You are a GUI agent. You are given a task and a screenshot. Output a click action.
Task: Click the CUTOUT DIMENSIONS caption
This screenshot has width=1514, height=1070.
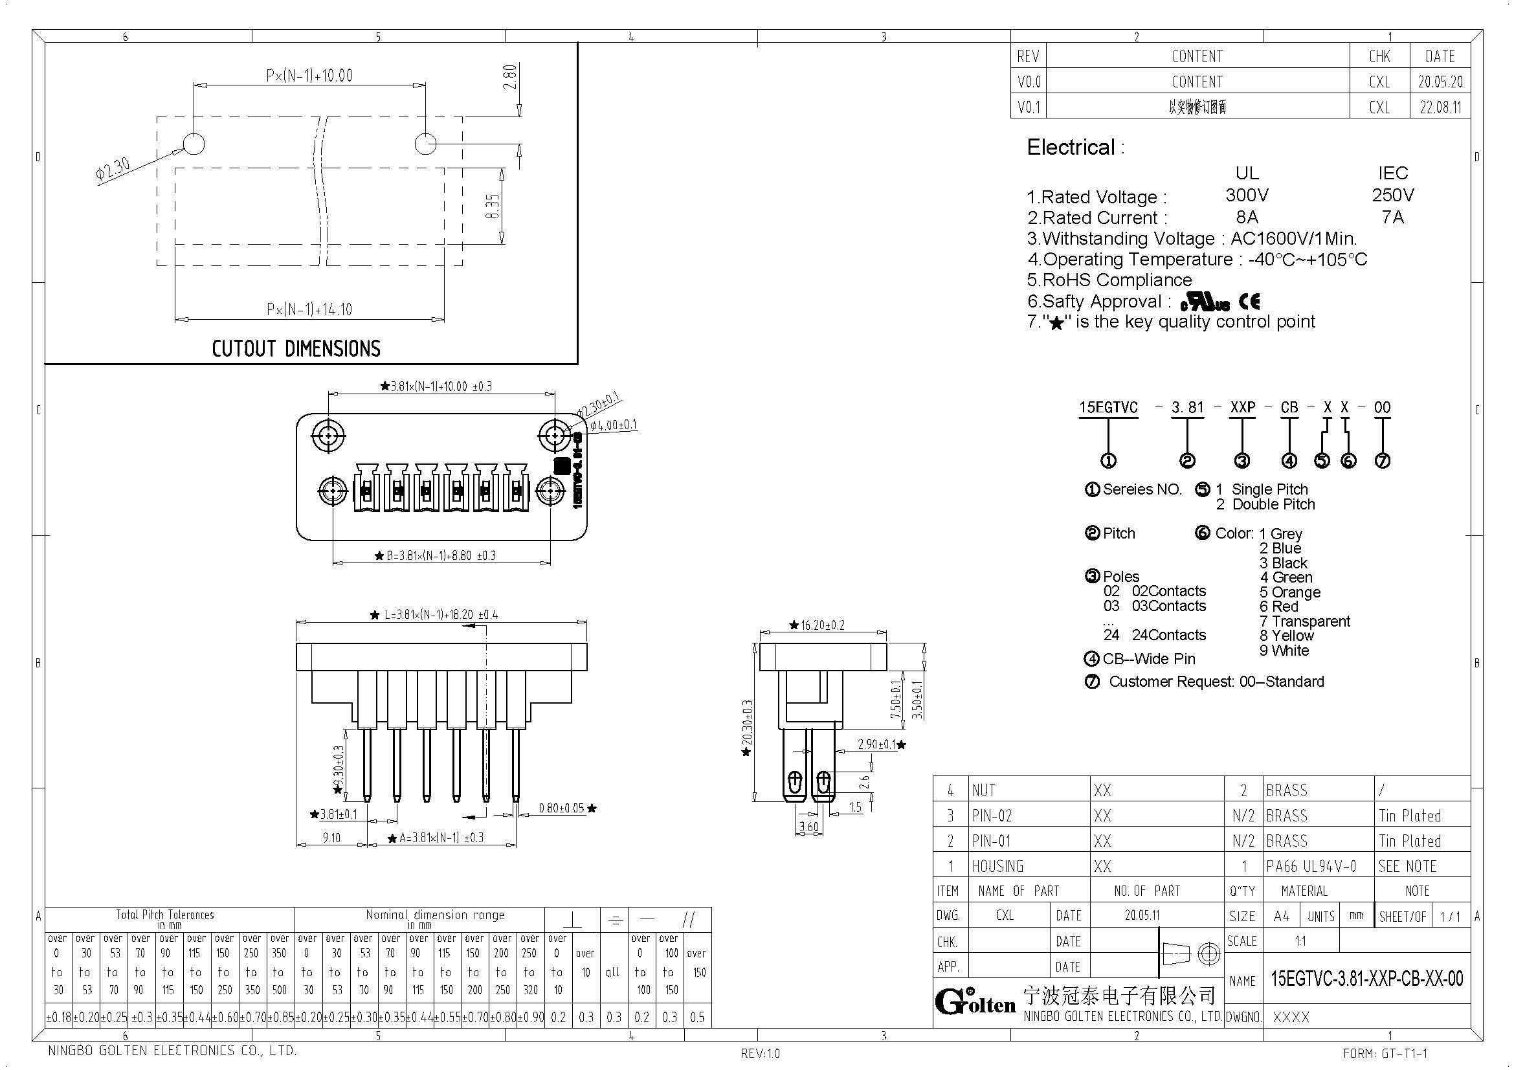pyautogui.click(x=296, y=348)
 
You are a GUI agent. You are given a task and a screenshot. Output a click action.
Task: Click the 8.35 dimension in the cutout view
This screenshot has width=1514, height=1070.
pyautogui.click(x=493, y=206)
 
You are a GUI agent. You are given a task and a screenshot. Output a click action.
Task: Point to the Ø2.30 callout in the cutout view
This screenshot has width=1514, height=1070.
pyautogui.click(x=113, y=169)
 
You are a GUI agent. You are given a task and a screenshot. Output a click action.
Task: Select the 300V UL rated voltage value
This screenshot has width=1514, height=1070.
pyautogui.click(x=1246, y=195)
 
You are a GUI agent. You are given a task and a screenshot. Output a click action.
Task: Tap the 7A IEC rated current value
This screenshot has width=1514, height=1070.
pyautogui.click(x=1392, y=217)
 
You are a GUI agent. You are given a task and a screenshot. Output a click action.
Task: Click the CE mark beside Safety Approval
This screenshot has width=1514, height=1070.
pyautogui.click(x=1249, y=302)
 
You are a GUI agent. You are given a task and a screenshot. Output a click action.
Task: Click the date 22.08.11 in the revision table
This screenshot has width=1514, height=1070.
pyautogui.click(x=1440, y=107)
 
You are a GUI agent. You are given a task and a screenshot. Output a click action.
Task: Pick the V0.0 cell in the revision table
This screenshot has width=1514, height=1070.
pyautogui.click(x=1029, y=82)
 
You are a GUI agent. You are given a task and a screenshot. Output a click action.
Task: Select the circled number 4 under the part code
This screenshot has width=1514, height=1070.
pyautogui.click(x=1289, y=461)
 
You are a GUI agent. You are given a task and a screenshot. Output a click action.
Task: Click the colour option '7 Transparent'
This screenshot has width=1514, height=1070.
pyautogui.click(x=1304, y=621)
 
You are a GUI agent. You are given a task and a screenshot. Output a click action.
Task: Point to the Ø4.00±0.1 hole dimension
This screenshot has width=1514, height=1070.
pyautogui.click(x=613, y=425)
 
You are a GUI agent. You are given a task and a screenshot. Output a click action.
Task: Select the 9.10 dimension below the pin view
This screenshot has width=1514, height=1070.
pyautogui.click(x=331, y=837)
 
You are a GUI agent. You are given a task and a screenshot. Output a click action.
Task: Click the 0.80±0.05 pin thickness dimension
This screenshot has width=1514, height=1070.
pyautogui.click(x=561, y=808)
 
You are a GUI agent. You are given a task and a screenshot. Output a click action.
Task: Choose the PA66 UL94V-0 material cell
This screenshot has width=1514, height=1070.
pyautogui.click(x=1311, y=865)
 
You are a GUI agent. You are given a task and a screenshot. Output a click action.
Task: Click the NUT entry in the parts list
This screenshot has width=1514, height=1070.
pyautogui.click(x=983, y=790)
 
